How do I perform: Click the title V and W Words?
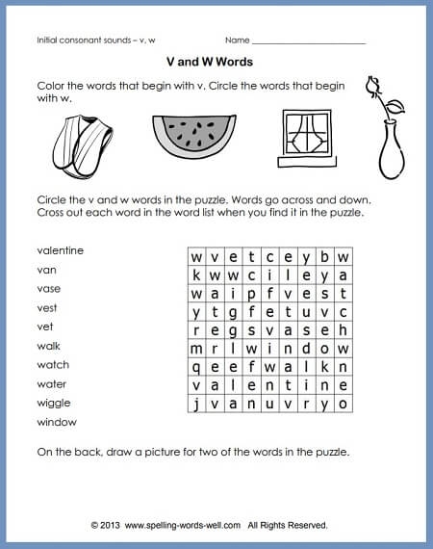[216, 60]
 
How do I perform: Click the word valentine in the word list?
[60, 250]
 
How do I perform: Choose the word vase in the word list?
[49, 289]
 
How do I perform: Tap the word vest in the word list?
[48, 308]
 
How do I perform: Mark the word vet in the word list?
[45, 327]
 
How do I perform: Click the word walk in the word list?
[48, 346]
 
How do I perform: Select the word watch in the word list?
[53, 365]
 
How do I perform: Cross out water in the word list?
[52, 384]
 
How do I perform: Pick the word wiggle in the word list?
[53, 403]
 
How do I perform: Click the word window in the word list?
[56, 422]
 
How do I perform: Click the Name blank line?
[308, 42]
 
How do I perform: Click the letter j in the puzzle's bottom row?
[196, 404]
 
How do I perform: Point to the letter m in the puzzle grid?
[196, 349]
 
